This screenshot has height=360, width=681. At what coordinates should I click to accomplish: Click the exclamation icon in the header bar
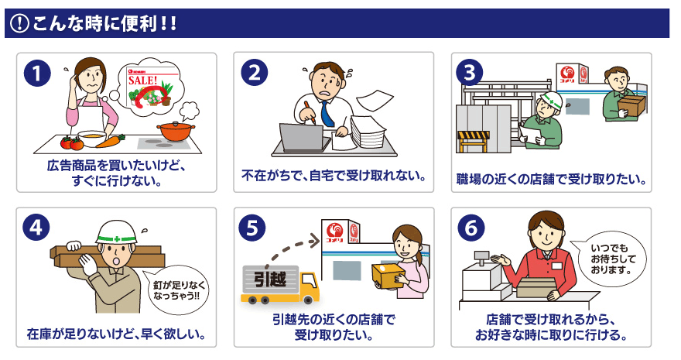tap(18, 24)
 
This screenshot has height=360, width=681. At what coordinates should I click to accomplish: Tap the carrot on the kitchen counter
tap(110, 141)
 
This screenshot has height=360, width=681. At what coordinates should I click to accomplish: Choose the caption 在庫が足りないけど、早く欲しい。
tap(115, 334)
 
